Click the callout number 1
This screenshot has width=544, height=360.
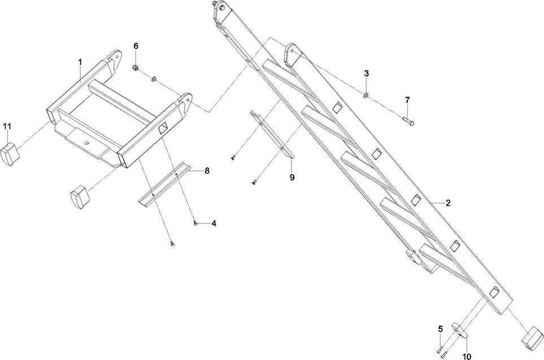(80, 61)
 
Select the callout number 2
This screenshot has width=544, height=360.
(447, 202)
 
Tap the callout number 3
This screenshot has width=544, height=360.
(366, 73)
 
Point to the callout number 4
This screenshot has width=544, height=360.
(214, 223)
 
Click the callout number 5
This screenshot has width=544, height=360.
(440, 329)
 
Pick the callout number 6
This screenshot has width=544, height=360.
(136, 45)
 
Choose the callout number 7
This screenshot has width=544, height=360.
(407, 100)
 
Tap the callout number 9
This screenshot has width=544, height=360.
(292, 177)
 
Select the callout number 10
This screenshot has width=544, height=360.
(467, 357)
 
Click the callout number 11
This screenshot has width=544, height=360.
(7, 125)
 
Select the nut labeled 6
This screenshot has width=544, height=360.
(136, 68)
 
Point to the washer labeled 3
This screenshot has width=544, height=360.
(365, 95)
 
